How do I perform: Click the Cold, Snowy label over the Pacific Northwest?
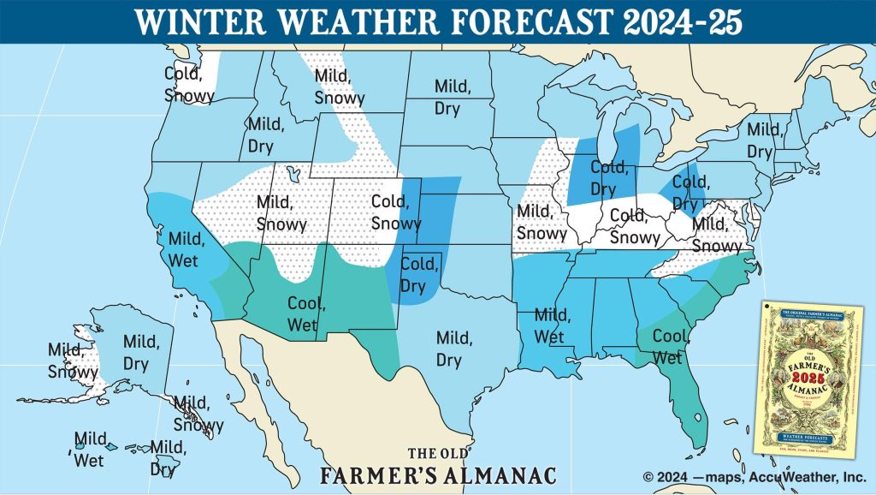189,85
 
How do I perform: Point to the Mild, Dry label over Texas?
453,349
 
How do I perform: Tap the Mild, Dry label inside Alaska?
141,352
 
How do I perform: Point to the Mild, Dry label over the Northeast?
765,140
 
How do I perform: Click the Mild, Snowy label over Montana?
340,86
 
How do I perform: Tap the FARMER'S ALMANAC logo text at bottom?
438,474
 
